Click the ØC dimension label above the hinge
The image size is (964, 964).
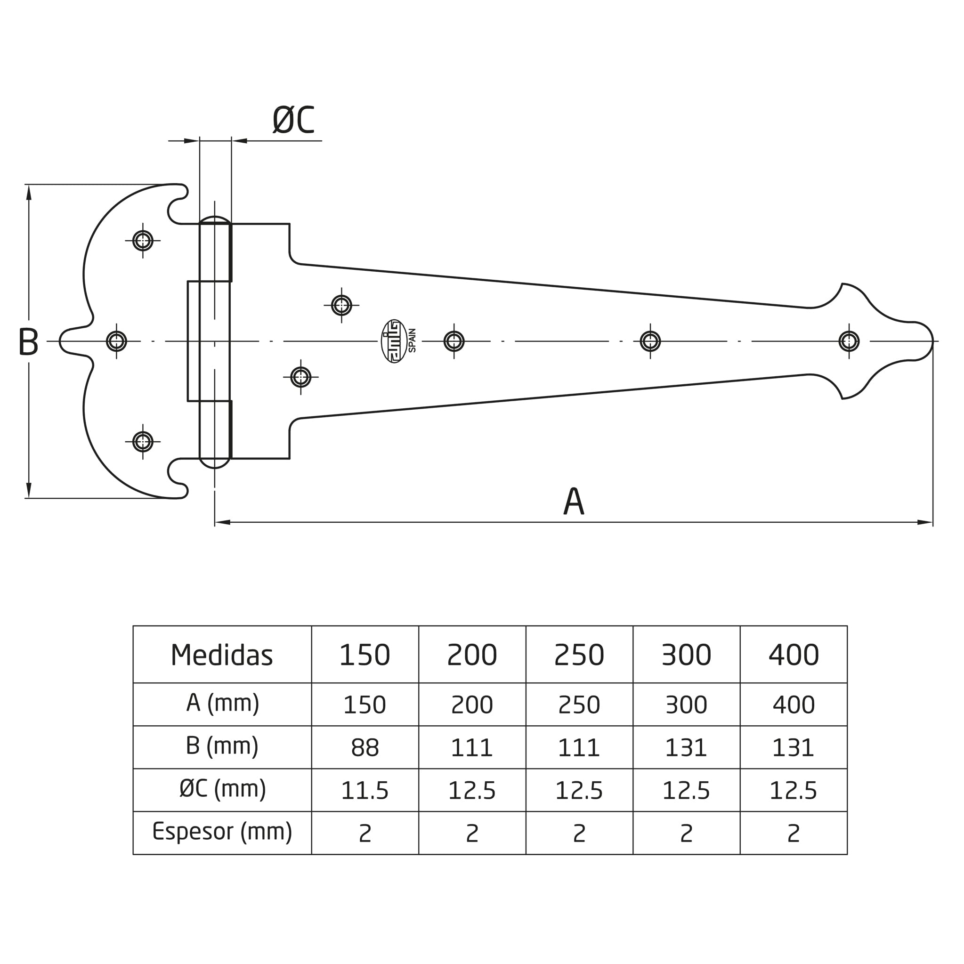click(x=293, y=120)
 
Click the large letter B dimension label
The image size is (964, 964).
click(x=28, y=342)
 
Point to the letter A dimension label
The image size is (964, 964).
click(x=574, y=501)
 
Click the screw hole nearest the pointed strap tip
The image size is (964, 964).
click(x=849, y=341)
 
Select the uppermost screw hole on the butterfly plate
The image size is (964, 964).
click(x=143, y=241)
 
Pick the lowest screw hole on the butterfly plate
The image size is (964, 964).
click(x=143, y=442)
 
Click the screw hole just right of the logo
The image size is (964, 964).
click(x=454, y=341)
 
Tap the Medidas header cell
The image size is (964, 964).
click(x=222, y=655)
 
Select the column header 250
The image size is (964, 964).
click(x=579, y=655)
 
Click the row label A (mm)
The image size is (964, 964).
click(x=223, y=704)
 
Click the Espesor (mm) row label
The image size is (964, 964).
click(x=222, y=832)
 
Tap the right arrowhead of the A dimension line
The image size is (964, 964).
click(x=925, y=522)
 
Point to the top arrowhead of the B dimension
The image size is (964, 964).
click(x=29, y=193)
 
